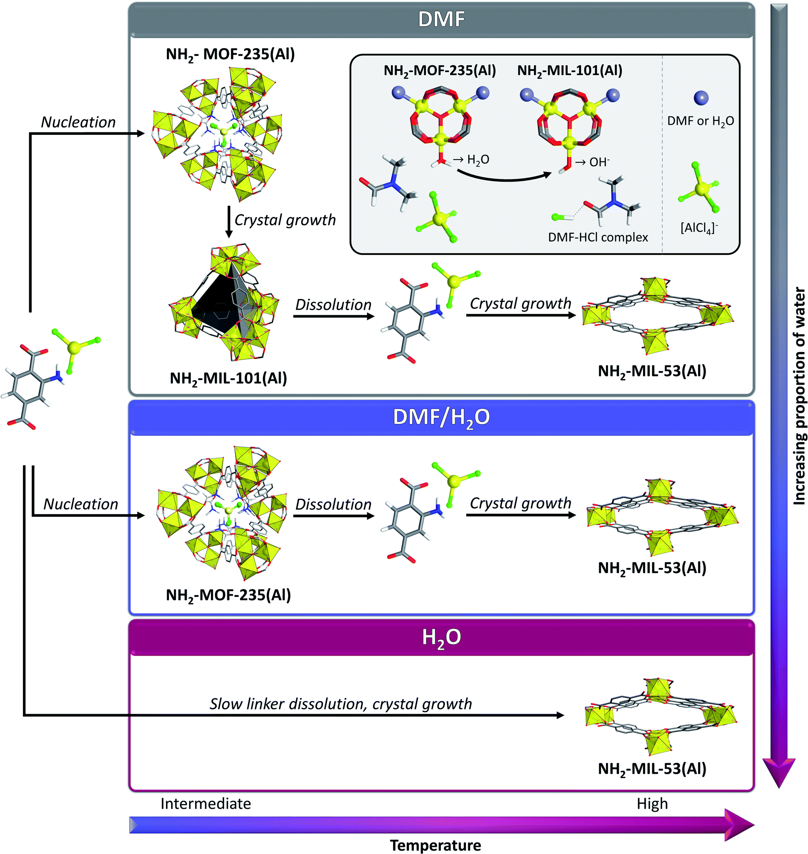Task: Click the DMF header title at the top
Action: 441,19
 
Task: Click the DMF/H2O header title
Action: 441,417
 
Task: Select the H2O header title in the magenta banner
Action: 441,638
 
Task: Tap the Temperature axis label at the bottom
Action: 435,845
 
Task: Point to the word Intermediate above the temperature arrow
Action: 206,803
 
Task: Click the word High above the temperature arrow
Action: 652,803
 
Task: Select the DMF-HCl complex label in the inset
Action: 598,237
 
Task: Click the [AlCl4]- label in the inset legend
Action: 699,228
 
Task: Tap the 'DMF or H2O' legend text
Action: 700,121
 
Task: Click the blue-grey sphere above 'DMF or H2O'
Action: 701,98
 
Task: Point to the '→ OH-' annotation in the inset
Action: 592,162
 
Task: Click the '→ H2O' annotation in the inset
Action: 471,160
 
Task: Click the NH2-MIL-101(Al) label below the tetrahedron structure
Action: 228,378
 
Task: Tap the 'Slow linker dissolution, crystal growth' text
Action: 340,704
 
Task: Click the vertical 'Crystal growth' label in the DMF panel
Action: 285,220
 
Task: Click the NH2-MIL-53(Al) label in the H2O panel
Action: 652,769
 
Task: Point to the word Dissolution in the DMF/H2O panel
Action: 333,504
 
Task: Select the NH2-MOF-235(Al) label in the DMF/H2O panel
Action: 228,595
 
